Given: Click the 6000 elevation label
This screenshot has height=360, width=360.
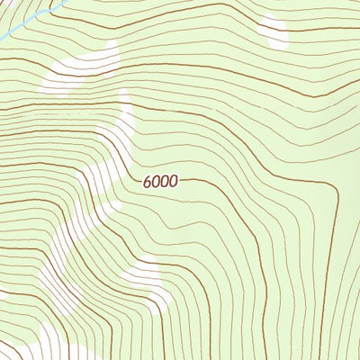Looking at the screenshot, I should pyautogui.click(x=160, y=181).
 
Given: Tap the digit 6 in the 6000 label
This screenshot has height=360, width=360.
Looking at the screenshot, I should pyautogui.click(x=147, y=181).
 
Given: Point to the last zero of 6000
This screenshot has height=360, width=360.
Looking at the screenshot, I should pyautogui.click(x=174, y=181).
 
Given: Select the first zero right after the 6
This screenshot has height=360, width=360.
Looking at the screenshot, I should pyautogui.click(x=156, y=181).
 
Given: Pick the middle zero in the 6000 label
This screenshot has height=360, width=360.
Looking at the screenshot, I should pyautogui.click(x=165, y=181).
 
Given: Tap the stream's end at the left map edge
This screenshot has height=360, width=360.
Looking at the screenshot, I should pyautogui.click(x=2, y=37).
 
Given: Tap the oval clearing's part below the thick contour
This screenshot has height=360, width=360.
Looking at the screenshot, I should pyautogui.click(x=274, y=38).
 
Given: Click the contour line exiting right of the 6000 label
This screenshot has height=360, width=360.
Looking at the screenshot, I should pyautogui.click(x=207, y=182).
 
